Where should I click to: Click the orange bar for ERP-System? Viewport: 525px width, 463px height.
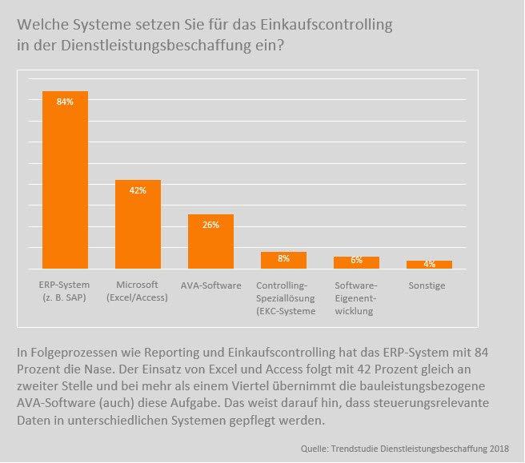65,180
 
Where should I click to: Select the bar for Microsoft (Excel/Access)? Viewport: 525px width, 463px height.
138,225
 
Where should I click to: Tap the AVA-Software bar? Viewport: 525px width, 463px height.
210,241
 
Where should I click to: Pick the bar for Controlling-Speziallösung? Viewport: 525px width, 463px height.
283,261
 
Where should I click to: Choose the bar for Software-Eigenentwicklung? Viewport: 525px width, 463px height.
356,263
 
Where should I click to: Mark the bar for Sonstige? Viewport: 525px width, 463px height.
429,265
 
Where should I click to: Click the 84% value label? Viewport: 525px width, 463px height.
65,102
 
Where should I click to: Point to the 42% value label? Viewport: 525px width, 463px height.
138,190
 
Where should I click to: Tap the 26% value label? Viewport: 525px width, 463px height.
210,226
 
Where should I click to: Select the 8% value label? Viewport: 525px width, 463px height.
283,259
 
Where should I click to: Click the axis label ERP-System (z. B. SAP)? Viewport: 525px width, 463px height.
65,291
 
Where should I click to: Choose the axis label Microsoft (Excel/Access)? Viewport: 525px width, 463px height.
137,291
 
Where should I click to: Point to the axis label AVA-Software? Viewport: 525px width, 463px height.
210,285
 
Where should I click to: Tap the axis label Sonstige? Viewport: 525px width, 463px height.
429,285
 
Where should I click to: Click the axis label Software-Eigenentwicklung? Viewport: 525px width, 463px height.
356,297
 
